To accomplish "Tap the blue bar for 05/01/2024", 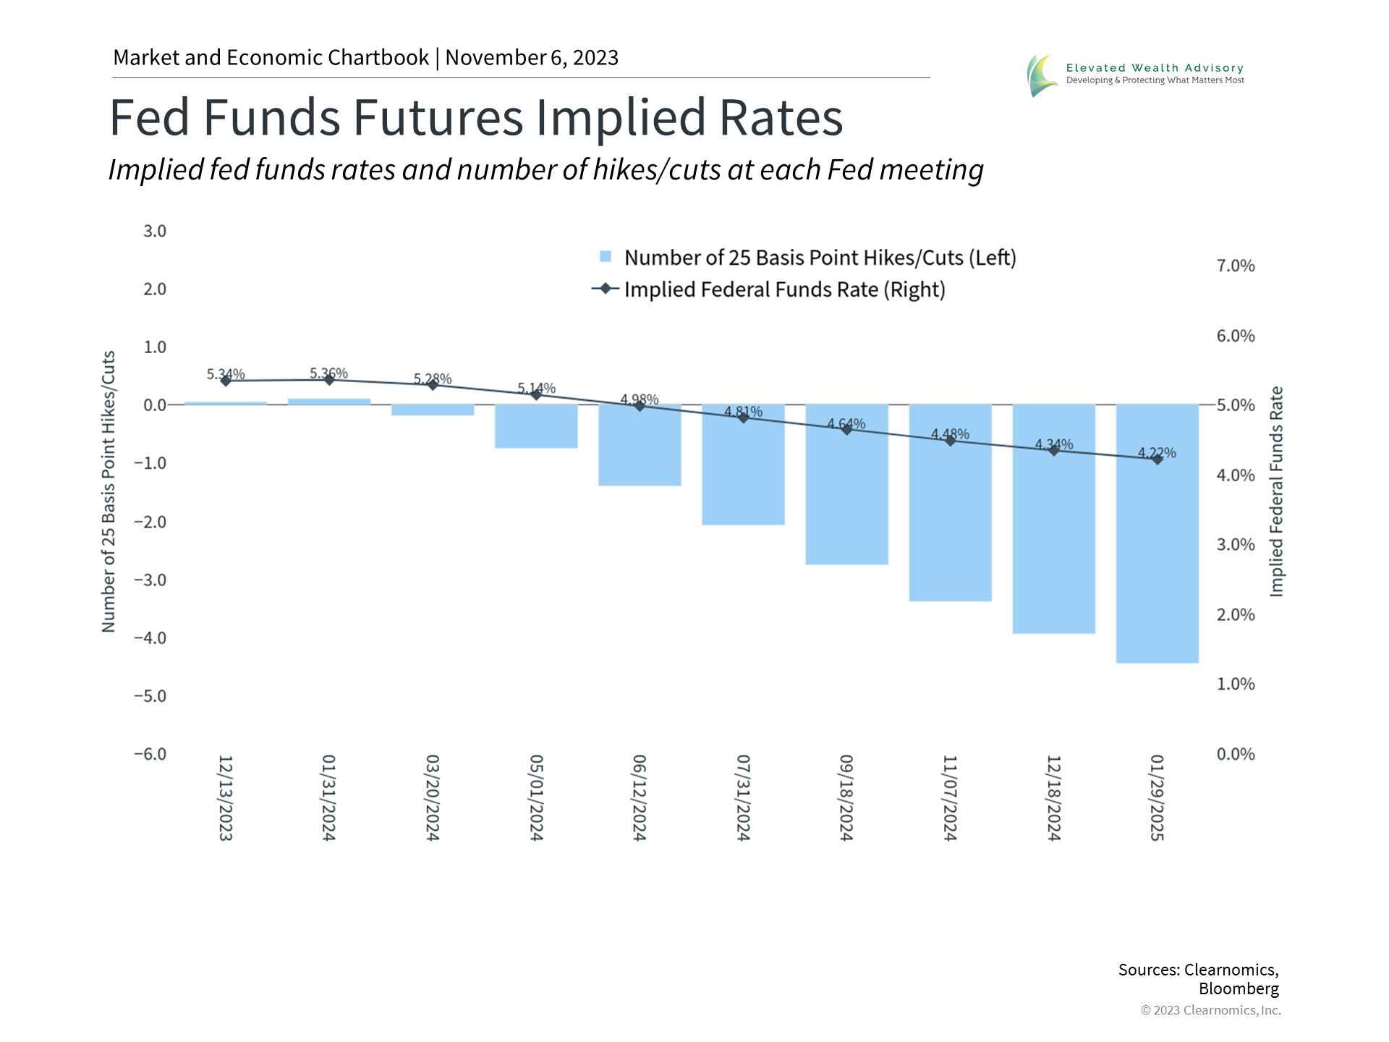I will coord(536,427).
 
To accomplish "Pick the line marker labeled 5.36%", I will coord(329,379).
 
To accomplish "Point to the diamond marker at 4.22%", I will coord(1157,459).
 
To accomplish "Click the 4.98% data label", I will coord(640,399).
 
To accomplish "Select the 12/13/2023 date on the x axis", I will coord(226,797).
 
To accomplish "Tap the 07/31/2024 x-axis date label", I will coord(743,797).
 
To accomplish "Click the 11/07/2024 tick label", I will coord(950,797).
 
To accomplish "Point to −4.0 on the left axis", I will coord(150,638).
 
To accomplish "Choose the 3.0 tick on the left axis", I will coord(154,231).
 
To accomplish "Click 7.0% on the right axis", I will coord(1235,266).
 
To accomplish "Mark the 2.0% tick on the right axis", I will coord(1235,614).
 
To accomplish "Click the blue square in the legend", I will coord(606,257).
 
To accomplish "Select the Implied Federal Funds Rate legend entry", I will coord(784,289).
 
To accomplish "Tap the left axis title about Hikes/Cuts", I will coord(109,492).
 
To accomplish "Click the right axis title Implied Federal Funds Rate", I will coord(1276,492).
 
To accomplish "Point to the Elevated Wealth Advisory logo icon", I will coord(1041,75).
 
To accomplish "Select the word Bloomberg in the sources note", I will coord(1239,988).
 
